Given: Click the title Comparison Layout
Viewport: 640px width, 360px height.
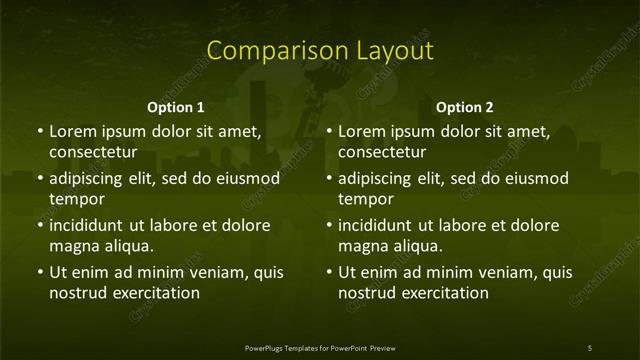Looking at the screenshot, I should click(320, 51).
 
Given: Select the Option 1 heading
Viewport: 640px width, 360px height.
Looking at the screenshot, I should click(176, 107).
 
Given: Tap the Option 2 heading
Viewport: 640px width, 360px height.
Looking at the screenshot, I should click(465, 107).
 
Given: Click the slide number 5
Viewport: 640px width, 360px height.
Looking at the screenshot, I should click(590, 348).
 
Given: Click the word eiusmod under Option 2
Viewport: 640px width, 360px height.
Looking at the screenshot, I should click(536, 178).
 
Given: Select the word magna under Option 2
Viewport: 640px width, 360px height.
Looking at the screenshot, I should click(363, 246).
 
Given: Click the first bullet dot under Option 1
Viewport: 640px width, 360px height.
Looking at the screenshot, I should click(40, 131).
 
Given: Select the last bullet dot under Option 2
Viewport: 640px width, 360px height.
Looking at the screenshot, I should click(330, 272).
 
